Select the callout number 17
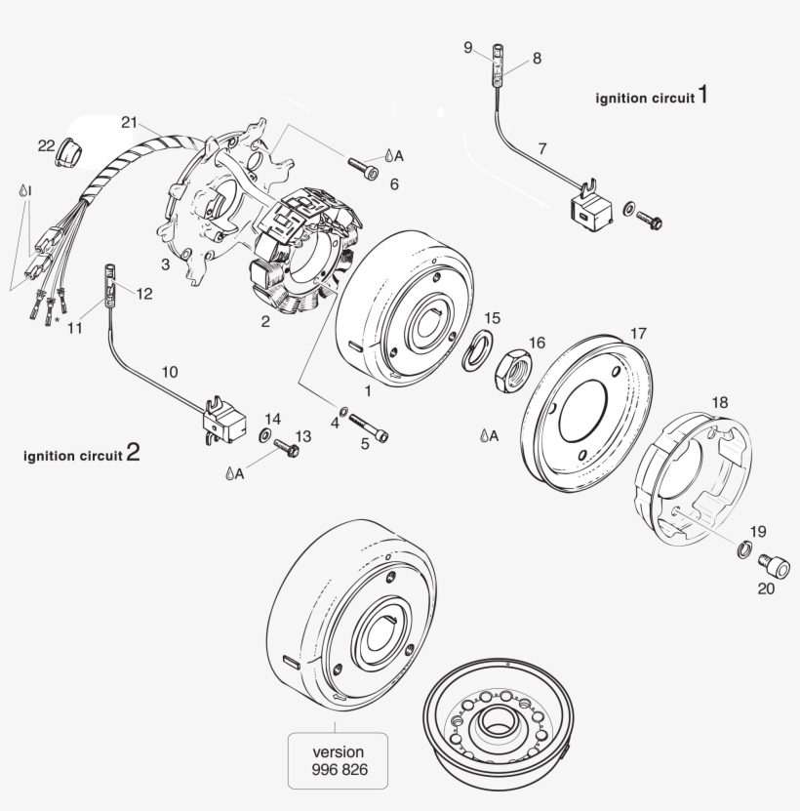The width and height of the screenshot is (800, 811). pyautogui.click(x=637, y=333)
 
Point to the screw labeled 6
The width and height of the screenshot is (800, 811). pyautogui.click(x=359, y=169)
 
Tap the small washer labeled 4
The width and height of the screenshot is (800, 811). pyautogui.click(x=345, y=411)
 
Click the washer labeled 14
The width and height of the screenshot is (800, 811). pyautogui.click(x=265, y=433)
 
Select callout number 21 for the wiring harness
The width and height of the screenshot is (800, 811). pyautogui.click(x=130, y=122)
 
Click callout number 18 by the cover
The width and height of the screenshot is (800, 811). pyautogui.click(x=719, y=402)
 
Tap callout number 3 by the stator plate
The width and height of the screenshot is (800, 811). pyautogui.click(x=166, y=264)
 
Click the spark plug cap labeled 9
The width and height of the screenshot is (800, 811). pyautogui.click(x=499, y=50)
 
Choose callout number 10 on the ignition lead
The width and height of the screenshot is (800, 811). pyautogui.click(x=170, y=372)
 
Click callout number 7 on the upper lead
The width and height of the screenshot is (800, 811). pyautogui.click(x=542, y=148)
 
